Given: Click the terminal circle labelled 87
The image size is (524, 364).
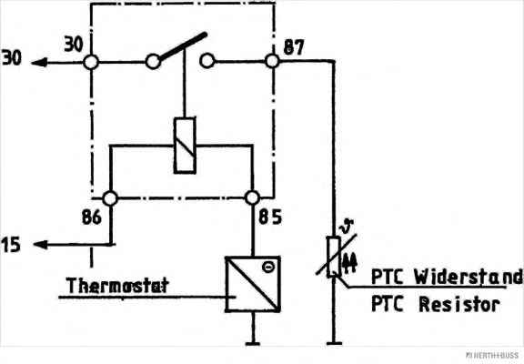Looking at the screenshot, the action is [272, 61].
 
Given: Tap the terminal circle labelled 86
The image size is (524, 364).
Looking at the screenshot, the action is [110, 198].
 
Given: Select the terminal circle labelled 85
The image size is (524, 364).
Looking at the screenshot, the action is [252, 197].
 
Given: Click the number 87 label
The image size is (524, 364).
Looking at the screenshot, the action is [294, 47].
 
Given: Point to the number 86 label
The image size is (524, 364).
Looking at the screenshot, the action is [92, 217].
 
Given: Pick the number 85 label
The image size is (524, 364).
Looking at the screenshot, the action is [270, 217].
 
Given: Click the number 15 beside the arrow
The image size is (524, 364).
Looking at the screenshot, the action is [11, 245].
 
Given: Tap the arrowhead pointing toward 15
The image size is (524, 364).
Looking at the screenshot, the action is [40, 245].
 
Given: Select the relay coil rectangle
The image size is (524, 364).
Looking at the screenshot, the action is [185, 146].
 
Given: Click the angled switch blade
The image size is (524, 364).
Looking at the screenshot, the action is [183, 47].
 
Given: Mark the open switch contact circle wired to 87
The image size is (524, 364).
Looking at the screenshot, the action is [207, 61].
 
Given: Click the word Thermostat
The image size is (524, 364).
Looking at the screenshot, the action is [117, 286].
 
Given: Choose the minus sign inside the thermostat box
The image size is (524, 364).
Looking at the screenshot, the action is [268, 267].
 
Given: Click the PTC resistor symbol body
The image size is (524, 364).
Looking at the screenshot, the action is [334, 257].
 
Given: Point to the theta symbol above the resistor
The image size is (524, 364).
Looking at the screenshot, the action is [347, 227].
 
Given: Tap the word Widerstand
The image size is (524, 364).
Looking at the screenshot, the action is [469, 277].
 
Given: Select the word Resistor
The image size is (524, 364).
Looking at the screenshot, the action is [459, 305].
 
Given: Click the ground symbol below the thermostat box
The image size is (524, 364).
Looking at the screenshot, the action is [253, 343].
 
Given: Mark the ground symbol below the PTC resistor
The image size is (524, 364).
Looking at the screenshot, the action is [334, 343].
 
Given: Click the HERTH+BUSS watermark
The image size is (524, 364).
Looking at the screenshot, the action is [493, 355].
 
